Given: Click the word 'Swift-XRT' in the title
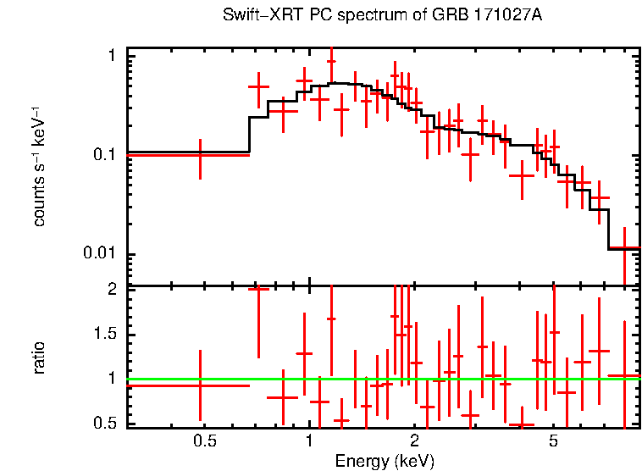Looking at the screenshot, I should (x=252, y=15).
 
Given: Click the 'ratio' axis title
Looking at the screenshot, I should (x=40, y=357).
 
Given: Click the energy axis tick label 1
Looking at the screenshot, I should (x=309, y=441).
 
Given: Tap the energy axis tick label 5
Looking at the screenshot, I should (x=553, y=441).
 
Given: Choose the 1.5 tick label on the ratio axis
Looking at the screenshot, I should (x=106, y=334).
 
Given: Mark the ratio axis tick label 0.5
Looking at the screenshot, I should (x=106, y=423).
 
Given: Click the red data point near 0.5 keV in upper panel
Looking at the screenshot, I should (x=200, y=155).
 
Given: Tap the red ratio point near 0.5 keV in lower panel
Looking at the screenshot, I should (x=200, y=385).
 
